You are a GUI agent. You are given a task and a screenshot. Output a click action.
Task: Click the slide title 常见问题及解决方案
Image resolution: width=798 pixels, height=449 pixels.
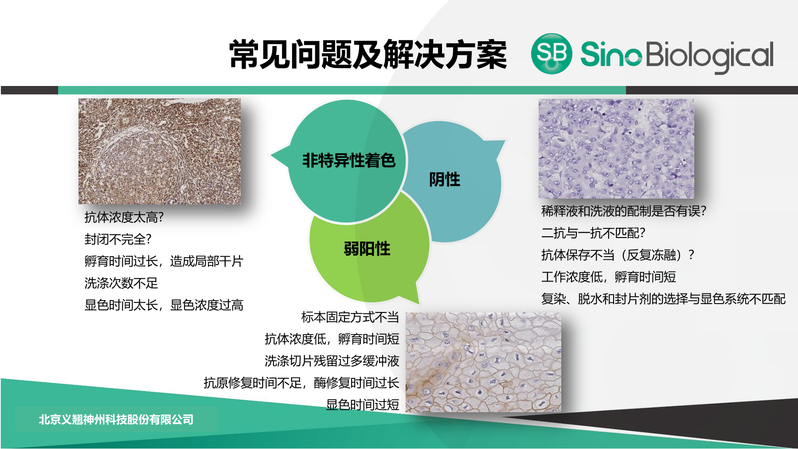[x=368, y=55]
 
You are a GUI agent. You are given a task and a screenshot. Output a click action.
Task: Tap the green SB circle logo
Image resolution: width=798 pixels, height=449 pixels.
[x=552, y=54]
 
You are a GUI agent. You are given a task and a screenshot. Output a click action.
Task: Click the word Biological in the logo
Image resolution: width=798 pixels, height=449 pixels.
[x=710, y=56]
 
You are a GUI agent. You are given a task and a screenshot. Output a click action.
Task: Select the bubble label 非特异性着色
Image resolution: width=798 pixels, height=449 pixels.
[x=348, y=160]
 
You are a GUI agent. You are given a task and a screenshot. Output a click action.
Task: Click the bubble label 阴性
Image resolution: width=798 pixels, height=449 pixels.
[x=445, y=180]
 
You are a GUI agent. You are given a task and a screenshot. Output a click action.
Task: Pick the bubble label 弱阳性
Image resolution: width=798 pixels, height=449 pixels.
[x=367, y=249]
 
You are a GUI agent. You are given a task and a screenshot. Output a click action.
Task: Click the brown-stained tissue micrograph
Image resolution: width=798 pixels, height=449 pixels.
[x=160, y=151]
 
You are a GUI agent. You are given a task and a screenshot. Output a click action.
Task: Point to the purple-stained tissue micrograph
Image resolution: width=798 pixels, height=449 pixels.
[x=616, y=148]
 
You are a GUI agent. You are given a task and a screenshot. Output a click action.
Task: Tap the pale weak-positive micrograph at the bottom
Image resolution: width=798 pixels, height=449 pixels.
[x=483, y=362]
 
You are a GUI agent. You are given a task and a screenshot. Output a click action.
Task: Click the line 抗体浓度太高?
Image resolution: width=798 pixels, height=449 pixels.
[x=124, y=217]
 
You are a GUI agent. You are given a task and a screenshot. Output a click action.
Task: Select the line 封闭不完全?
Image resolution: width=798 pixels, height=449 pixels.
[x=118, y=239]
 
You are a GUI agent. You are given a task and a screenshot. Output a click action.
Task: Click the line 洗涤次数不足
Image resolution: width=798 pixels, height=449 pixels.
[x=121, y=283]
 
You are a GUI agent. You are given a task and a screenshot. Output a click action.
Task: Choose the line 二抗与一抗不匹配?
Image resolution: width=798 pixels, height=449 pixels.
[x=593, y=233]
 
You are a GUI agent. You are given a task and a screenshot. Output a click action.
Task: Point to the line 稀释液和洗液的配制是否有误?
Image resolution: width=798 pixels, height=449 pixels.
[x=624, y=211]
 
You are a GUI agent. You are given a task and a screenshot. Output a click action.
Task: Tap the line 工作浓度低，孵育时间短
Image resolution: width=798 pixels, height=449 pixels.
[x=609, y=277]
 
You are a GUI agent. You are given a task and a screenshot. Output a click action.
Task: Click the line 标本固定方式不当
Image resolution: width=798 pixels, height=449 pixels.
[x=350, y=317]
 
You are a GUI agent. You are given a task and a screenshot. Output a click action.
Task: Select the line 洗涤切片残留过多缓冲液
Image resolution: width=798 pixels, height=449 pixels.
[x=332, y=361]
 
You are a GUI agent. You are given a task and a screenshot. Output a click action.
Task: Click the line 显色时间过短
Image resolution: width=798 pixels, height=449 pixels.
[x=363, y=405]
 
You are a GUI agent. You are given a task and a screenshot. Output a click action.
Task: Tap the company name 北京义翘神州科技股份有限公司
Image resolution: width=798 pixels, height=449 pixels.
[x=116, y=419]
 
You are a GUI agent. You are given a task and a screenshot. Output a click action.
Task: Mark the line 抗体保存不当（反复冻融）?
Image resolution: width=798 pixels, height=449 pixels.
[x=618, y=255]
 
